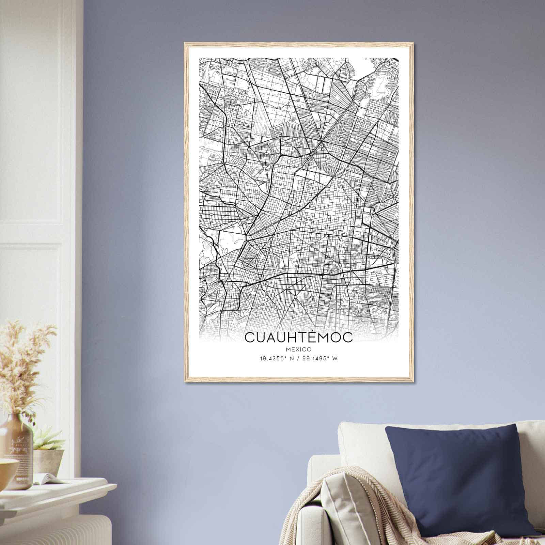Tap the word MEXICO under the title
299,349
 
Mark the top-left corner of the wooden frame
185,43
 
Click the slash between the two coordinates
299,358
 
